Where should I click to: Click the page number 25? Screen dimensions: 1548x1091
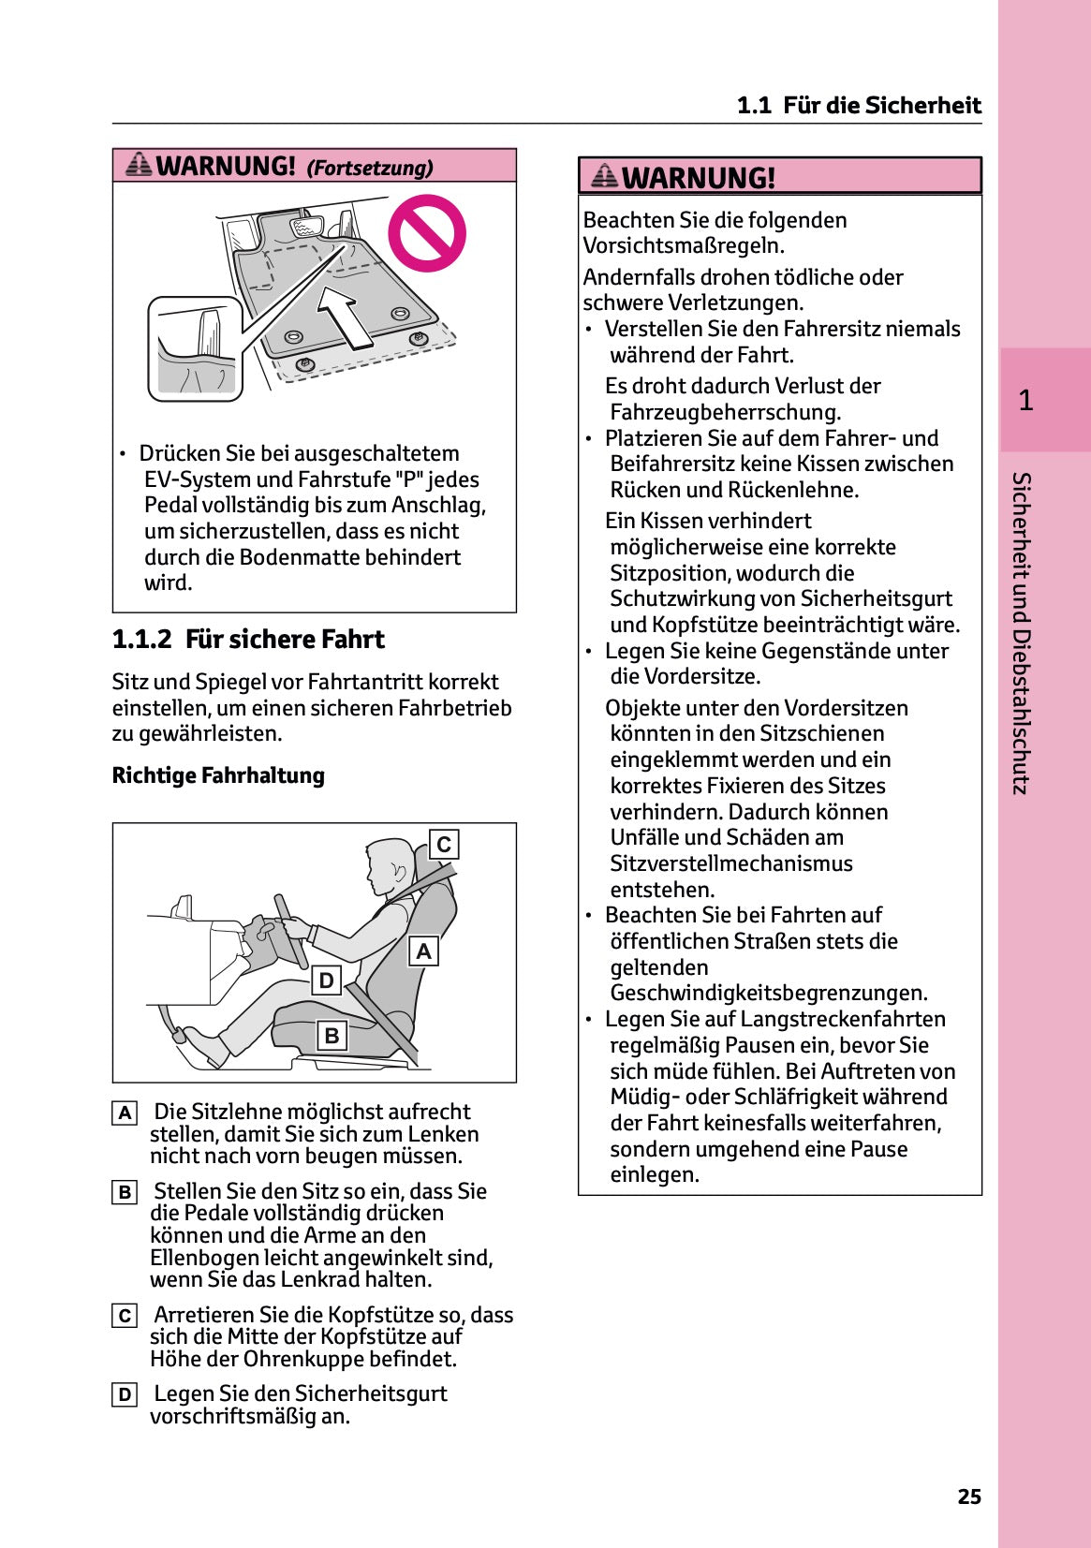click(969, 1496)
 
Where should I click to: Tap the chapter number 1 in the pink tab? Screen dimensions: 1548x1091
click(1025, 401)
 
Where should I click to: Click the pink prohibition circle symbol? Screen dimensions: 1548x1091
click(427, 233)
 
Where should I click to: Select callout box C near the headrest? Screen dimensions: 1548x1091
click(444, 844)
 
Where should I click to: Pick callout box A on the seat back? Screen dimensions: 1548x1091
click(423, 951)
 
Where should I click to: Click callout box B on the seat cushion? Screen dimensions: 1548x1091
click(332, 1036)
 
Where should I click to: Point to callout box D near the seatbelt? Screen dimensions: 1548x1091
click(326, 980)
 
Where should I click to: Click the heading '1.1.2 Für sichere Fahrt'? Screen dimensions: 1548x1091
click(248, 640)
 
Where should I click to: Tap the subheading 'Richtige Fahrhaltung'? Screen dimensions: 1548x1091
click(218, 775)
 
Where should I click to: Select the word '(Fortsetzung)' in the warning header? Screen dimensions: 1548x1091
click(370, 168)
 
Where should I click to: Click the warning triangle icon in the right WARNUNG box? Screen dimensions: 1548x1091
click(605, 175)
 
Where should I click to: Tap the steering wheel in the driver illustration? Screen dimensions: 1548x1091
click(290, 932)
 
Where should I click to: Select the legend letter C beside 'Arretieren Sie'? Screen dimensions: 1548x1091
click(125, 1316)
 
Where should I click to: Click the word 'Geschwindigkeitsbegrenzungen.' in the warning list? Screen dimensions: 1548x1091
click(768, 993)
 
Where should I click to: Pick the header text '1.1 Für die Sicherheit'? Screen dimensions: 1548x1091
click(859, 105)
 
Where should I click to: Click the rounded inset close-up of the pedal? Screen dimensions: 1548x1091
click(196, 349)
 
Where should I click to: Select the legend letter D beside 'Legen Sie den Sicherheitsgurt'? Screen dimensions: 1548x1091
click(125, 1394)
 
